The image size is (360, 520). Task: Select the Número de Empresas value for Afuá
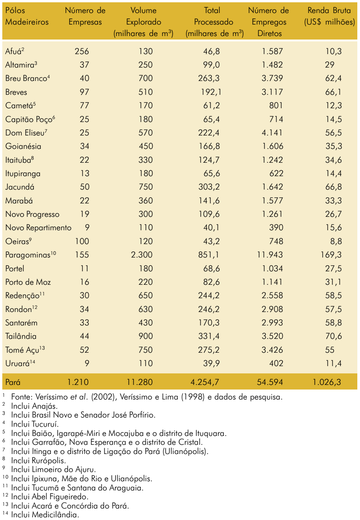[82, 51]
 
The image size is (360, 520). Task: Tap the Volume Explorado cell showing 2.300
[142, 255]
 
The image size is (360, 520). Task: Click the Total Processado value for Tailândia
[209, 336]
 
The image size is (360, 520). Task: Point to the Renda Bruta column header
[329, 16]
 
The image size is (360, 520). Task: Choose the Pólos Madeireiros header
[27, 16]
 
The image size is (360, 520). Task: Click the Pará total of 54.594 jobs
[270, 382]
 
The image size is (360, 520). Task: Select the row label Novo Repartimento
[38, 228]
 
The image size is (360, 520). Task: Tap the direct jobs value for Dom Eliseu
[272, 132]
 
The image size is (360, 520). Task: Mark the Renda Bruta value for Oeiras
[336, 241]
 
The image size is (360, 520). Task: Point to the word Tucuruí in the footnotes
[45, 424]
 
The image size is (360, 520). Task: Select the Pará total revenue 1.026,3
[327, 382]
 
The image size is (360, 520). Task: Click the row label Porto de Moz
[28, 282]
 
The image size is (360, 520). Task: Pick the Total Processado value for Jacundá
[209, 187]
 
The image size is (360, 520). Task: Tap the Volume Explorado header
[144, 22]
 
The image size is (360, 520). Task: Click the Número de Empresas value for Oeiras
[82, 241]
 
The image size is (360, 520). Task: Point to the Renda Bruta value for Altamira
[330, 65]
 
